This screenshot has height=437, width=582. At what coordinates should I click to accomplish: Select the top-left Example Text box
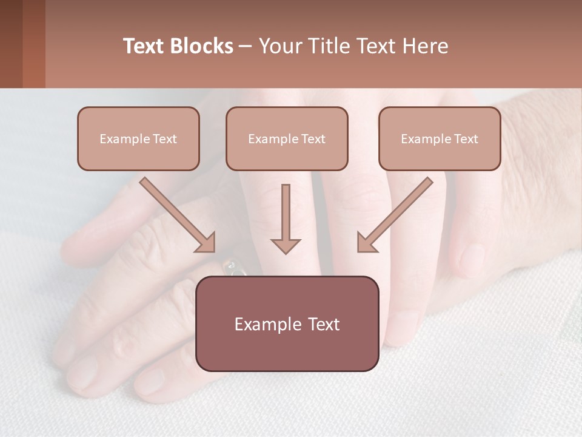point(138,138)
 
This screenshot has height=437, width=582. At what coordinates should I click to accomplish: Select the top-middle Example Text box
point(287,138)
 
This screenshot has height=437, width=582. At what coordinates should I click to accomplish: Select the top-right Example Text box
point(440,138)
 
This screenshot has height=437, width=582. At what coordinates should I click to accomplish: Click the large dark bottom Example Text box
point(287,324)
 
